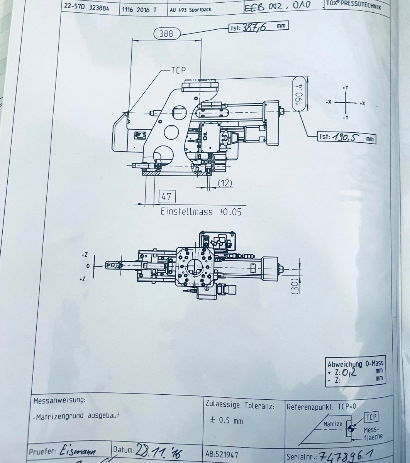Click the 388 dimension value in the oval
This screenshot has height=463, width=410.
tap(166, 34)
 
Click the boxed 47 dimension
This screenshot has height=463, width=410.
tap(166, 196)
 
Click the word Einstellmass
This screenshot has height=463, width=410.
tap(187, 211)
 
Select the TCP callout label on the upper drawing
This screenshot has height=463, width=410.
tap(178, 70)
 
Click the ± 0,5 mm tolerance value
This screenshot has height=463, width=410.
tap(226, 420)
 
